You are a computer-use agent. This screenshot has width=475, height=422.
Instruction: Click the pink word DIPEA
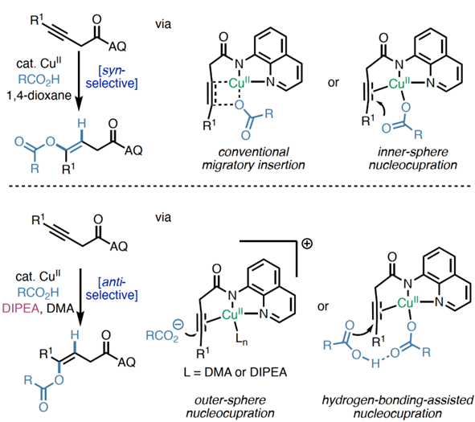[21, 309]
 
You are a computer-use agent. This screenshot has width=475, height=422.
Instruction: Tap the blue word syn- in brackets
[113, 71]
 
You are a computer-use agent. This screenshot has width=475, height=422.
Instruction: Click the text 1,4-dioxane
[39, 96]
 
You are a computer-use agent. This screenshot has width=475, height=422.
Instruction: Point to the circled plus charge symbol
[307, 244]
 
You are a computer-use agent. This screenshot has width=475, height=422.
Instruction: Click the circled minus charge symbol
[178, 325]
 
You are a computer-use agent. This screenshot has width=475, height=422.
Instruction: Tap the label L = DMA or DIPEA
[235, 372]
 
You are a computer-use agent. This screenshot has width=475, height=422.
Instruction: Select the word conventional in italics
[253, 152]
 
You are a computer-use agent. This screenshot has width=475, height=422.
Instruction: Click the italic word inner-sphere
[412, 152]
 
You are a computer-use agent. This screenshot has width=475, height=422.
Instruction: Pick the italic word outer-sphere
[230, 399]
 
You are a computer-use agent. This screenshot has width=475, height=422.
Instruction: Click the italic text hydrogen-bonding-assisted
[398, 400]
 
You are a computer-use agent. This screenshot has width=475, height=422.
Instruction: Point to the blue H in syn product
[81, 123]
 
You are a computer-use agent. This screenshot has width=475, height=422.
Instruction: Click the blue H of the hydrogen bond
[375, 363]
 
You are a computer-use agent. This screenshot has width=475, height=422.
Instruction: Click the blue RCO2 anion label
[162, 336]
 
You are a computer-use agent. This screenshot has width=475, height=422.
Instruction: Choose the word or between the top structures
[334, 83]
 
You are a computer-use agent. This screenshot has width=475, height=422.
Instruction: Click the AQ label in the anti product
[127, 362]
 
